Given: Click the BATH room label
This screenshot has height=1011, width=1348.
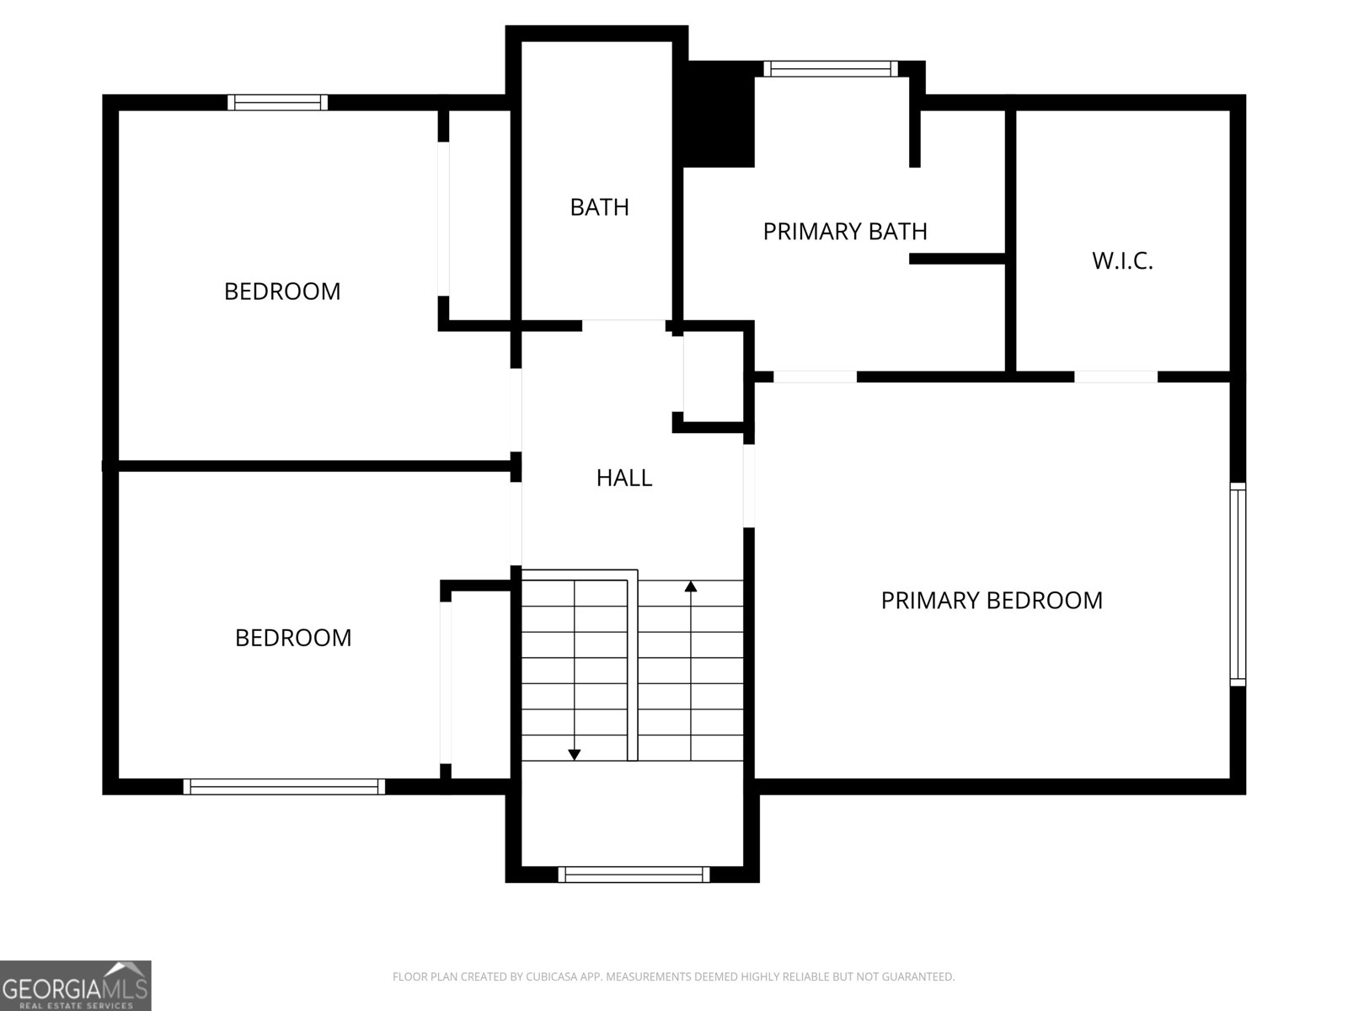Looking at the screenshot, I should pos(599,207).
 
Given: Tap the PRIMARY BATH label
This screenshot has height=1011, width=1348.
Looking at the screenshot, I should pos(844,231).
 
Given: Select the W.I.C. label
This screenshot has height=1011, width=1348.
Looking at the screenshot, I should pos(1121,261).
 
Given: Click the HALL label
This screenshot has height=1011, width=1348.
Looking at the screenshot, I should pos(623,478).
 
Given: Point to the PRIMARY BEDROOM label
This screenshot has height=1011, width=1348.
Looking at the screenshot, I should pos(991,601).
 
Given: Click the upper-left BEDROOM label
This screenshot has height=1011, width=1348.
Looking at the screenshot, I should pos(282,292).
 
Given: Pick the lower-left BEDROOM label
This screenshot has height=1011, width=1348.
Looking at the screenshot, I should pos(293,638).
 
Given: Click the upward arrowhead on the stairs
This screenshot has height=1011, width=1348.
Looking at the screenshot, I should pos(691,586).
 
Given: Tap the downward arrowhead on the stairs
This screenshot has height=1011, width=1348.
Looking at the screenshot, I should pos(575,755).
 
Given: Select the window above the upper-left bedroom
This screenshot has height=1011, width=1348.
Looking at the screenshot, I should pos(277,103).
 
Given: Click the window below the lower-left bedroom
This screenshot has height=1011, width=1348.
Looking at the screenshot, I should pos(284,787).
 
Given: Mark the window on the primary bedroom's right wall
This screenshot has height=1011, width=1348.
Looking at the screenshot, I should pos(1237,584).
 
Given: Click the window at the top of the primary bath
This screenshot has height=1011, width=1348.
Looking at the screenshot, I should pos(831,69).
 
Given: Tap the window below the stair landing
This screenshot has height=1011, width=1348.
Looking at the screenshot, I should pos(634,875).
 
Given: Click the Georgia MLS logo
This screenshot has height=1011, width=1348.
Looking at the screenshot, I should pos(75,985).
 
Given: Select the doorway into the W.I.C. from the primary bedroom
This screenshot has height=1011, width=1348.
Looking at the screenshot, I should pos(1116,377).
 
